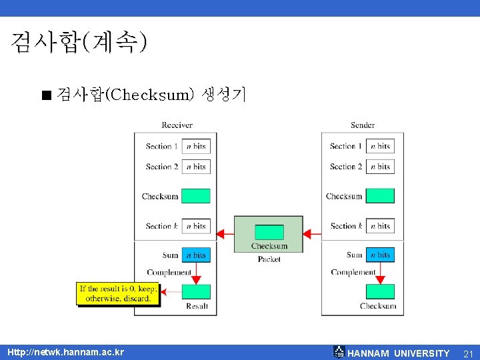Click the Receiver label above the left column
click(x=177, y=125)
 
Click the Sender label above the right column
click(x=363, y=125)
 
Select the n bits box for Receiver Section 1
click(x=196, y=146)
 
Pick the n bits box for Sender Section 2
click(x=380, y=166)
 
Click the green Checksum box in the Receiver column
click(x=196, y=196)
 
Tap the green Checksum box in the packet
click(x=269, y=232)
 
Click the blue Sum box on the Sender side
click(x=380, y=255)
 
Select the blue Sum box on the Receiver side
click(x=196, y=255)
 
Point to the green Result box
click(x=196, y=291)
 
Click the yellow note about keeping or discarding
click(x=119, y=293)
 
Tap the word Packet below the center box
click(x=269, y=259)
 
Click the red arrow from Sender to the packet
click(x=312, y=234)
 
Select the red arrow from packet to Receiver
click(x=226, y=234)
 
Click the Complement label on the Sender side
click(x=353, y=272)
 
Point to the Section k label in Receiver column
click(x=162, y=226)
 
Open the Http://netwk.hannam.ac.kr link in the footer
click(x=65, y=352)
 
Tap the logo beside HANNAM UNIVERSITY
click(x=339, y=352)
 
